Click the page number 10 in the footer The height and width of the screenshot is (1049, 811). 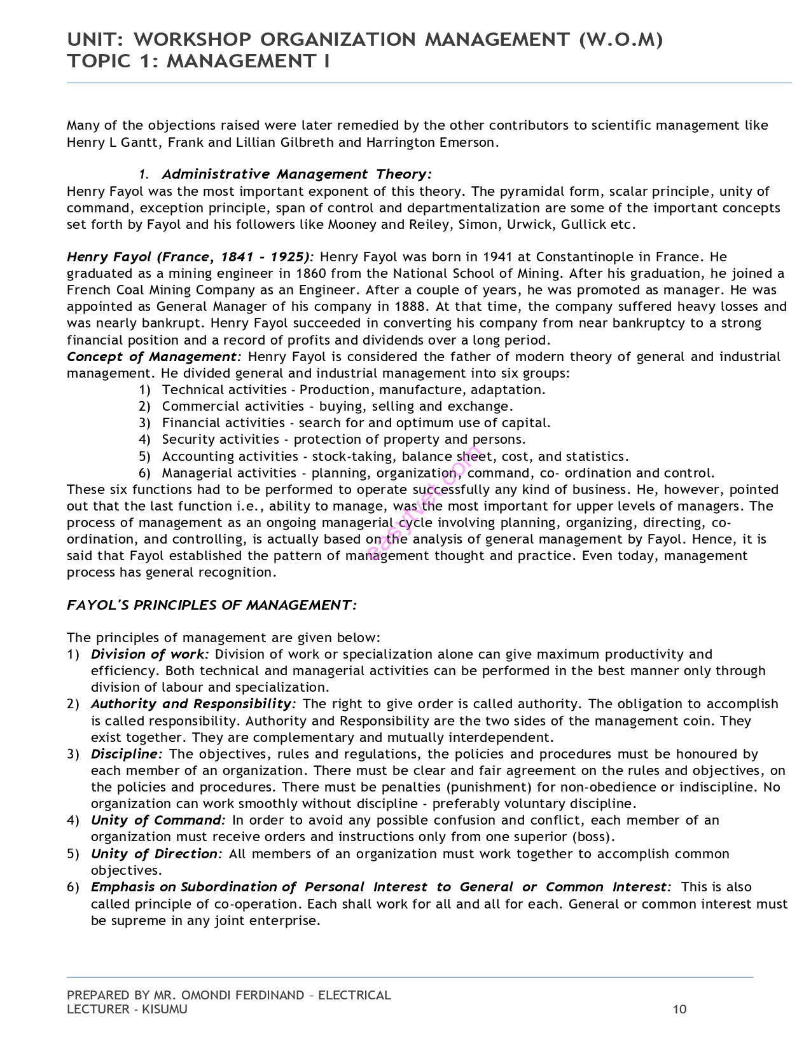[x=679, y=1010]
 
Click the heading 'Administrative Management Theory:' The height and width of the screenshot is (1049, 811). [x=296, y=174]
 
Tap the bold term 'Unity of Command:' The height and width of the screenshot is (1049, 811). [x=158, y=821]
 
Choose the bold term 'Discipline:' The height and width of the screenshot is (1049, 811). [x=127, y=755]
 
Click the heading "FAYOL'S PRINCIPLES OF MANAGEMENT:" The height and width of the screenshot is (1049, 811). [x=212, y=605]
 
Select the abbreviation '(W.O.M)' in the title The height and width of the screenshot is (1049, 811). [x=620, y=40]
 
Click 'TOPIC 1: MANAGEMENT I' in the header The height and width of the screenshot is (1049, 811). [x=198, y=62]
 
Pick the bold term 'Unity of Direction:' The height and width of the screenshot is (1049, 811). [x=156, y=854]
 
